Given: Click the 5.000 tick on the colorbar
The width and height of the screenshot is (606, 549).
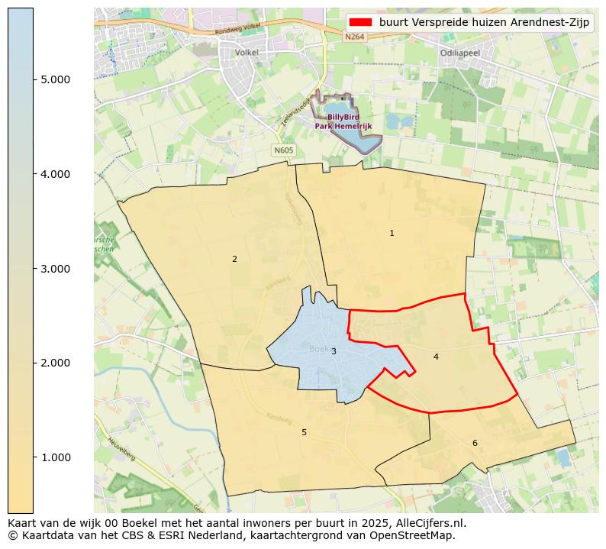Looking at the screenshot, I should click(54, 79).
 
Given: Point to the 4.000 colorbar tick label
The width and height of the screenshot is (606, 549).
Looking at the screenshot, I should click(54, 174).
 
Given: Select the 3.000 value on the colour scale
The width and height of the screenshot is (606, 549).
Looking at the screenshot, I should click(54, 269).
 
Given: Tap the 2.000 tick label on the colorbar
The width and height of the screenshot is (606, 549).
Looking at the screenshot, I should click(54, 363).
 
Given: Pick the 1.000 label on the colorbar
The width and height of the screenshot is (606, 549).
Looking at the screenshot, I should click(54, 457).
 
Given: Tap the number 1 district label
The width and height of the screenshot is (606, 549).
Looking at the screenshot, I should click(392, 233).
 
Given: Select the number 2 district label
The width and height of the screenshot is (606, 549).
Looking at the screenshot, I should click(234, 259).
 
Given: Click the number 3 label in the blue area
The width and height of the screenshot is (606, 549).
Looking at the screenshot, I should click(334, 351).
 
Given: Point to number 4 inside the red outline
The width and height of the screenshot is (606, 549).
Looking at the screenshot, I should click(436, 357).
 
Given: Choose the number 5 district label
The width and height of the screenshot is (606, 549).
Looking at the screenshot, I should click(304, 432).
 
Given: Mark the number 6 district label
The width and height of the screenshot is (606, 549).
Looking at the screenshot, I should click(475, 443).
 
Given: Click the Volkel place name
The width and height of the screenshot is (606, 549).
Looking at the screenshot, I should click(247, 53).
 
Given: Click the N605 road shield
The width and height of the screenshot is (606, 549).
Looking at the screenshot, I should click(283, 150).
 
